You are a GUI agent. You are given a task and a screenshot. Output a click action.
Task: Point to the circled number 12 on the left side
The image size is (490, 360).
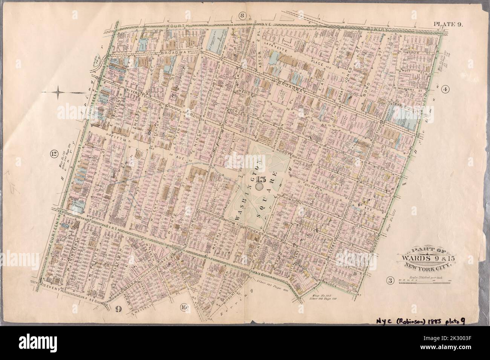[x=54, y=153]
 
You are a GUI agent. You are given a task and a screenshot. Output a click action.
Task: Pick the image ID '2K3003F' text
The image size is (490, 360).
[x=468, y=354]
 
